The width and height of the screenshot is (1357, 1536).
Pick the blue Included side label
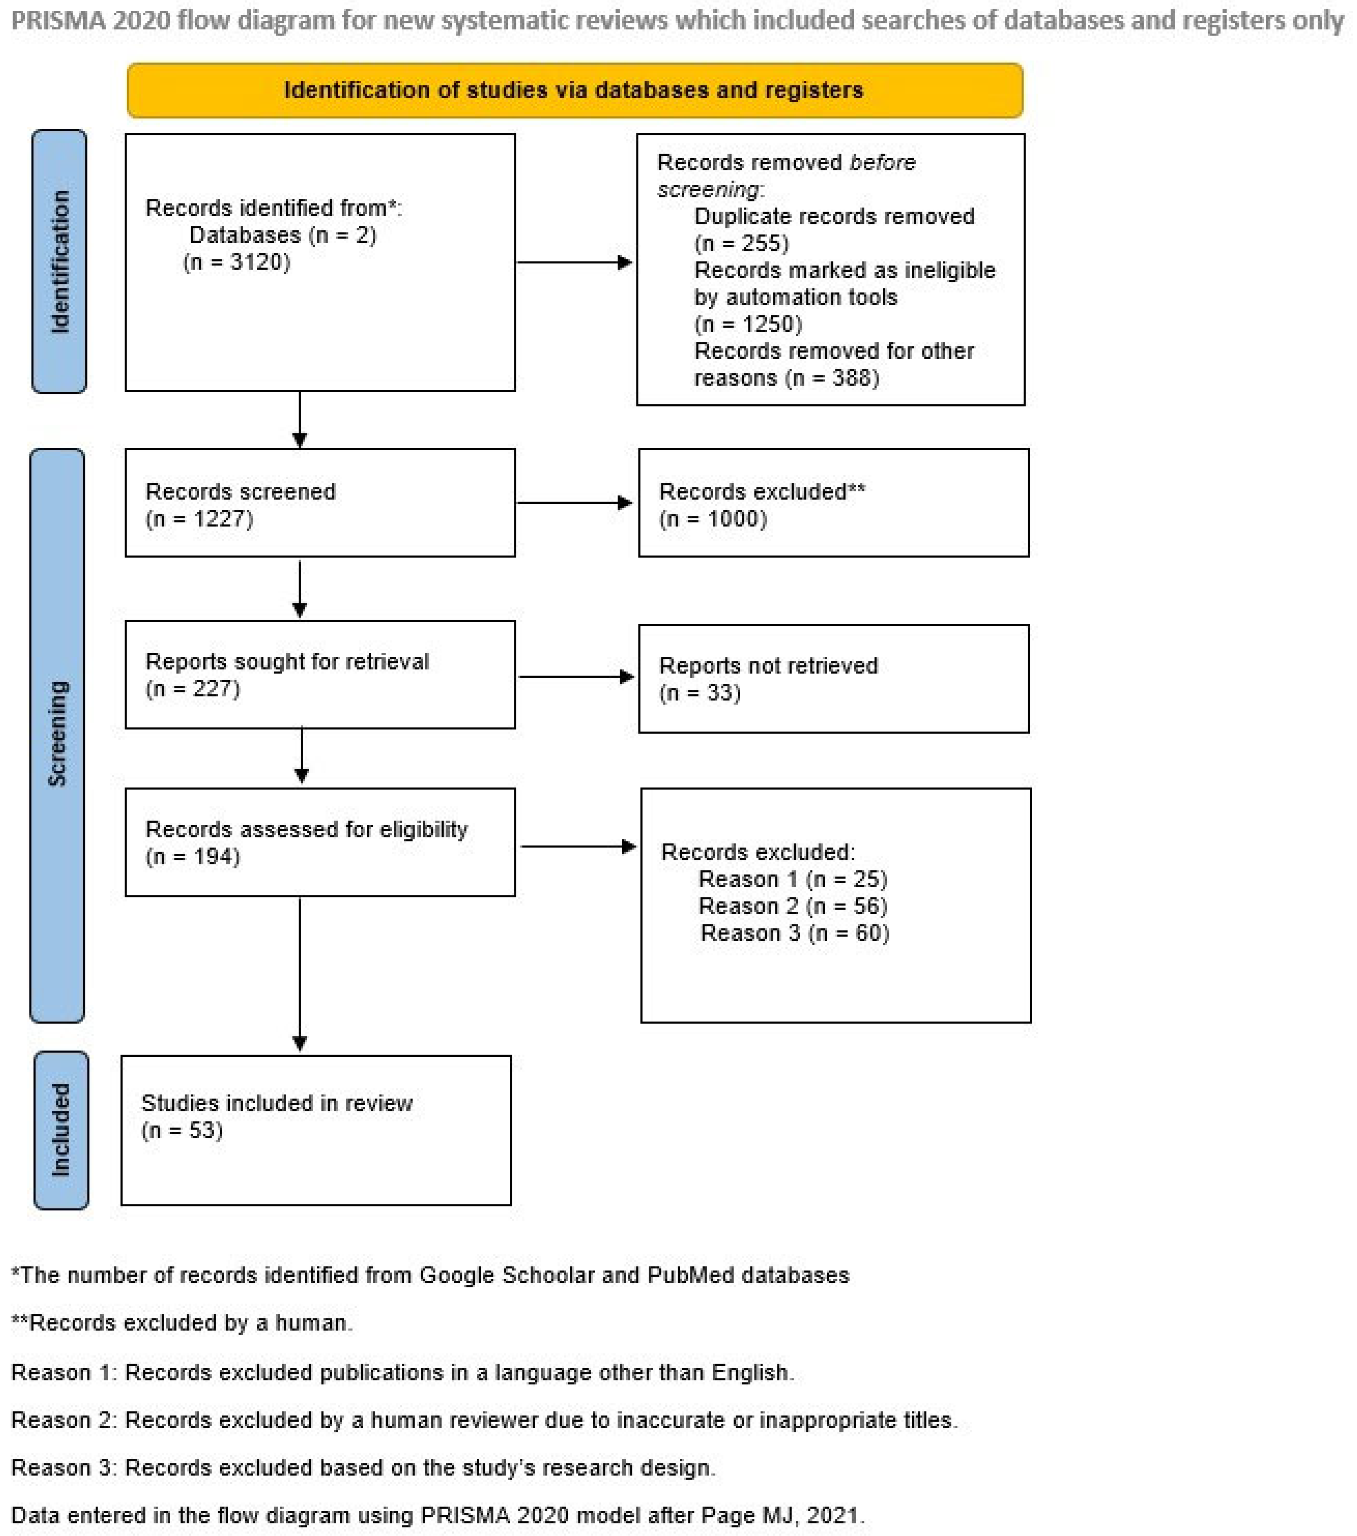(x=61, y=1130)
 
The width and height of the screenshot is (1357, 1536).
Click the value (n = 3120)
(x=237, y=262)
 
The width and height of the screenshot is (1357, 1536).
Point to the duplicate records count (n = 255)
(x=741, y=244)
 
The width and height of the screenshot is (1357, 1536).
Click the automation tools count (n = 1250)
(x=749, y=324)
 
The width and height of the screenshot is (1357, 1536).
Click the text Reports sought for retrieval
(x=287, y=661)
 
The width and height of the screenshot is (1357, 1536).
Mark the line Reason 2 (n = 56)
(x=793, y=906)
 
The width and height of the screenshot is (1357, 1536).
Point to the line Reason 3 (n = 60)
(x=794, y=932)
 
